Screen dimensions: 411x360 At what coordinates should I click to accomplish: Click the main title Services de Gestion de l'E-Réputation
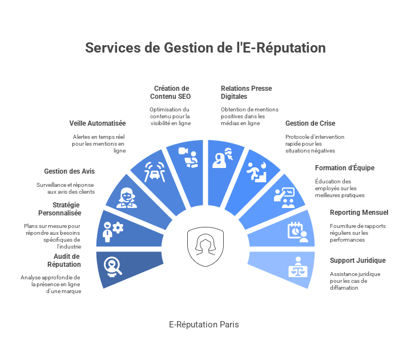pos(205,48)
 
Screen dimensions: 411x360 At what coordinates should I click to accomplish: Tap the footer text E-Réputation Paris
pos(204,325)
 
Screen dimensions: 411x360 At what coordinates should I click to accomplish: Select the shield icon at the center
pos(205,247)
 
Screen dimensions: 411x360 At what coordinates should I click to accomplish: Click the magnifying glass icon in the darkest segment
pos(113,267)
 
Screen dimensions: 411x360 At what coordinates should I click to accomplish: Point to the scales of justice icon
pos(298,267)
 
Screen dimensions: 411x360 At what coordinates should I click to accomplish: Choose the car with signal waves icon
pos(155,172)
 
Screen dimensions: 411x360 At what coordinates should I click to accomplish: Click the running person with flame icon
pos(257,172)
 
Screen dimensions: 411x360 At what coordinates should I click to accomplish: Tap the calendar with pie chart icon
pos(298,232)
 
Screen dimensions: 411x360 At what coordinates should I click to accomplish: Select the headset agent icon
pos(127,198)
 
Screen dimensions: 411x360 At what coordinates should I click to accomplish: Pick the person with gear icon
pos(113,232)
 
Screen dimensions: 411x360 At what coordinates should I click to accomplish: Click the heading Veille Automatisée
pos(98,123)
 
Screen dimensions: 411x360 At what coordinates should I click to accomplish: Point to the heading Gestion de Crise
pos(311,123)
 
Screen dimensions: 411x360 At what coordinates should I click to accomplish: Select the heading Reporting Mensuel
pos(359,213)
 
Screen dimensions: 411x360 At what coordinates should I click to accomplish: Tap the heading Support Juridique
pos(358,261)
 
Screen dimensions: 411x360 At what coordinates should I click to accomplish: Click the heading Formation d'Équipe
pos(345,167)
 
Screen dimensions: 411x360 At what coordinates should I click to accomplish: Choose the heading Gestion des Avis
pos(70,171)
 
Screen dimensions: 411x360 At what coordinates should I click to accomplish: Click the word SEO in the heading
pos(184,97)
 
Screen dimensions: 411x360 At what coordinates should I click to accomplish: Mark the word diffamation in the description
pos(344,288)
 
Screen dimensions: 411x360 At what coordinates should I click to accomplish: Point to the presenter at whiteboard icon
pos(284,198)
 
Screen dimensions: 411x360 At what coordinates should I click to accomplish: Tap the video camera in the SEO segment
pos(183,151)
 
